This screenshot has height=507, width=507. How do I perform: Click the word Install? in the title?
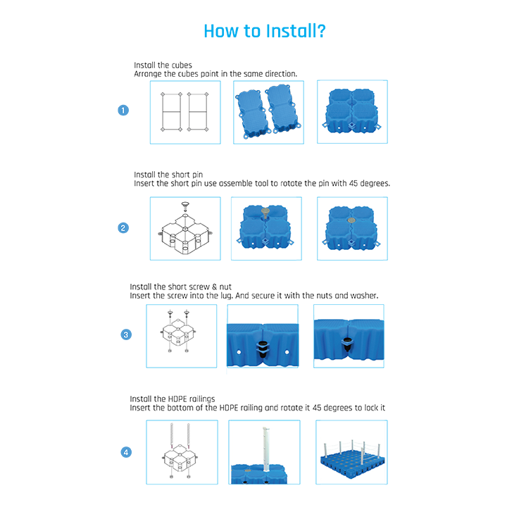click(x=296, y=32)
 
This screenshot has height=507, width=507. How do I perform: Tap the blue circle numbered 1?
click(x=123, y=111)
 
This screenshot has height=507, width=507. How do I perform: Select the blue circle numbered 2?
click(x=123, y=228)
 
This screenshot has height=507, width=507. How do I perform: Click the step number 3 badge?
click(x=126, y=334)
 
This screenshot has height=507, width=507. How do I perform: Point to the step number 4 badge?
click(x=126, y=452)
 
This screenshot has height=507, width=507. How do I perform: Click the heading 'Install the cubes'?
click(x=163, y=65)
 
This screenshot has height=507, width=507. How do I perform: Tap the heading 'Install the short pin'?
click(x=168, y=175)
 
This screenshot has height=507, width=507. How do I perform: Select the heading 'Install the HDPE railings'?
click(x=173, y=399)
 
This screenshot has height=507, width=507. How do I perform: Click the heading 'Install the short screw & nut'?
click(x=181, y=287)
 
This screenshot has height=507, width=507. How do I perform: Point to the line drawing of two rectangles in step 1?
click(x=184, y=112)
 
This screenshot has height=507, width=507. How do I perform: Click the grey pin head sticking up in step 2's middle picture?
click(x=265, y=213)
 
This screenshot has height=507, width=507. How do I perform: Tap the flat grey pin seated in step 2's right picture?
click(x=351, y=220)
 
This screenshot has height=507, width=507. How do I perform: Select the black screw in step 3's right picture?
click(x=347, y=345)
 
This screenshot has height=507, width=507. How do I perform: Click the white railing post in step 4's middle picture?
click(x=266, y=449)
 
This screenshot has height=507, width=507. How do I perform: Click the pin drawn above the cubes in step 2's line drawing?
click(x=185, y=206)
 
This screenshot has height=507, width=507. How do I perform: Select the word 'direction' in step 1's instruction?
click(x=281, y=74)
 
